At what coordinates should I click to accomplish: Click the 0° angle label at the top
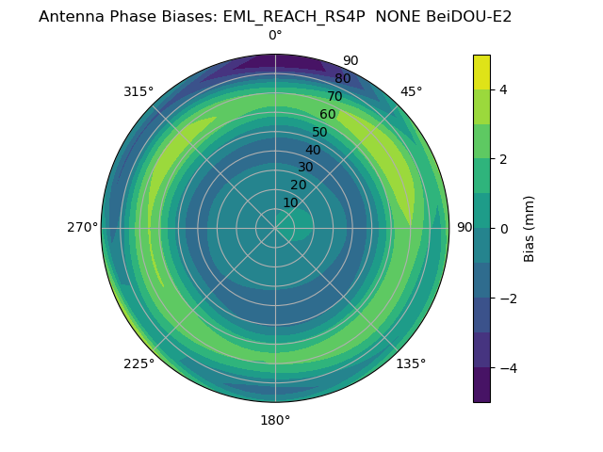(275, 36)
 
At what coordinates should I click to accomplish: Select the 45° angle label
(412, 91)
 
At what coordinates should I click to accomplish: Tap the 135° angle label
(411, 363)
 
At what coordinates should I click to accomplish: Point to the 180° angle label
(275, 420)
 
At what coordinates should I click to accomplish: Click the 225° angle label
(139, 363)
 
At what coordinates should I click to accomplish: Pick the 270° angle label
(82, 227)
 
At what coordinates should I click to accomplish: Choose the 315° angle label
(139, 91)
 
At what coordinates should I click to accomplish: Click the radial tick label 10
(291, 202)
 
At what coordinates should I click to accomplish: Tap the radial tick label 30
(306, 168)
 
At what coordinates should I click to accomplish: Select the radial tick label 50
(320, 133)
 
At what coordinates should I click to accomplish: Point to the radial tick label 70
(334, 97)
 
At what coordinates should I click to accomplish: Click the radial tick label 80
(342, 79)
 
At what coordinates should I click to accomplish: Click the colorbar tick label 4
(503, 89)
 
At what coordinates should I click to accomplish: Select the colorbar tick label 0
(503, 229)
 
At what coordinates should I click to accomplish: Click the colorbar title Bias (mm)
(530, 229)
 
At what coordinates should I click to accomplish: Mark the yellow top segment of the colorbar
(481, 73)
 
